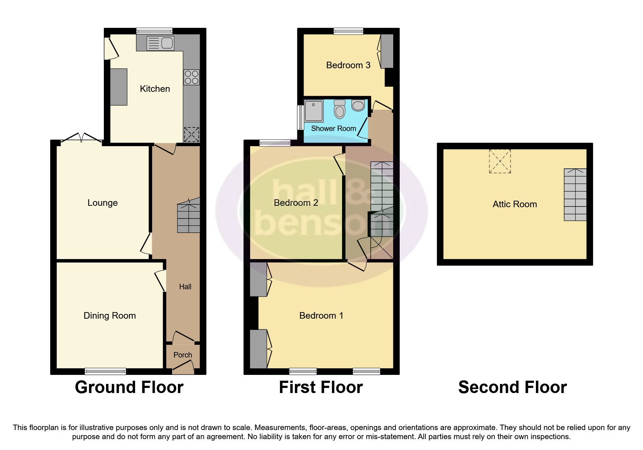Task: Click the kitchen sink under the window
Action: (160, 44)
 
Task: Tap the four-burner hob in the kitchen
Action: (192, 77)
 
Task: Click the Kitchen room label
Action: (155, 89)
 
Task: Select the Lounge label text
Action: (102, 203)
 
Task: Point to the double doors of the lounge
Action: (81, 138)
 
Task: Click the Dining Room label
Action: (110, 316)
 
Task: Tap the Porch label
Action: (182, 355)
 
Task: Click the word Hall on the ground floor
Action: (185, 287)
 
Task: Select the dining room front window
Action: (105, 371)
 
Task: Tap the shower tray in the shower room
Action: (314, 111)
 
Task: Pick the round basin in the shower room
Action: (358, 105)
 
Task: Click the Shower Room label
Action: (333, 128)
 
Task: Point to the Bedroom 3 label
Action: (348, 65)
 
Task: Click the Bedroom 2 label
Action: (296, 203)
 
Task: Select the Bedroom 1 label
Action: (321, 316)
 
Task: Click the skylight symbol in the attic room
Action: (500, 161)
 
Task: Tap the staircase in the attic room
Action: (575, 195)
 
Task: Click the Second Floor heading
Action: (512, 387)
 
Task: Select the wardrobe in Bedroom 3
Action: (387, 51)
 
